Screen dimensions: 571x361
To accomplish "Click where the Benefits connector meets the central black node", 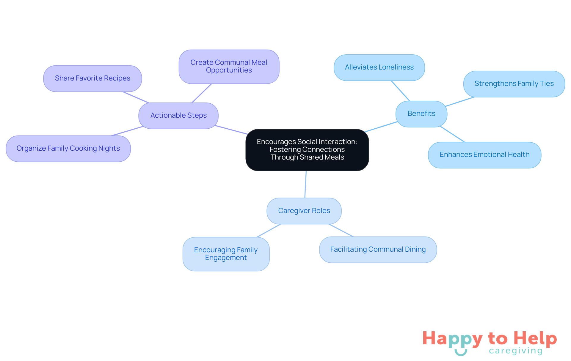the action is [x=365, y=132].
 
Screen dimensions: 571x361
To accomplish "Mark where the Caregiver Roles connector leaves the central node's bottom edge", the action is [x=306, y=171].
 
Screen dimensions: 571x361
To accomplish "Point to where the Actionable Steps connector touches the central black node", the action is [x=247, y=134].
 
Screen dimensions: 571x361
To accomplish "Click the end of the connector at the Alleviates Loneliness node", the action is [x=391, y=81].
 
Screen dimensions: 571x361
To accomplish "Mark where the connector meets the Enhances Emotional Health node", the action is [x=465, y=142].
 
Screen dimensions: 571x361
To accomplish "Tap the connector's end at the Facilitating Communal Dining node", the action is [x=353, y=237].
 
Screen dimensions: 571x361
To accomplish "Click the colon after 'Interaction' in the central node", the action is [x=356, y=142].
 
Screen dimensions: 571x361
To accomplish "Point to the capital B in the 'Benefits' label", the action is [x=410, y=113].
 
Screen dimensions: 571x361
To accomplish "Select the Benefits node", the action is [x=421, y=114].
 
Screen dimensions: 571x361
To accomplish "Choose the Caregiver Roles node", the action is [x=304, y=211].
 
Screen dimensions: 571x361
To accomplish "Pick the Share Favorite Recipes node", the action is [x=92, y=78].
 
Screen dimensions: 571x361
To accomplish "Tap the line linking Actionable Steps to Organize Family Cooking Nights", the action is [x=127, y=131].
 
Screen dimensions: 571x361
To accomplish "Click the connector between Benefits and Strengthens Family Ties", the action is [x=460, y=102].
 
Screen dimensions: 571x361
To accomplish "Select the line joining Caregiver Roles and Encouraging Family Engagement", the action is [x=269, y=231].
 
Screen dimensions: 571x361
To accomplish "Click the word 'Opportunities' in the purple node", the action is [x=229, y=70].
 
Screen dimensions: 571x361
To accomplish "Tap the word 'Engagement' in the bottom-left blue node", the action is [x=226, y=258].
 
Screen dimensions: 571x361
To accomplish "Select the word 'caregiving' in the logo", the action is [x=516, y=351].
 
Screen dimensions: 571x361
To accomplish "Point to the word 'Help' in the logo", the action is [x=535, y=339].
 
